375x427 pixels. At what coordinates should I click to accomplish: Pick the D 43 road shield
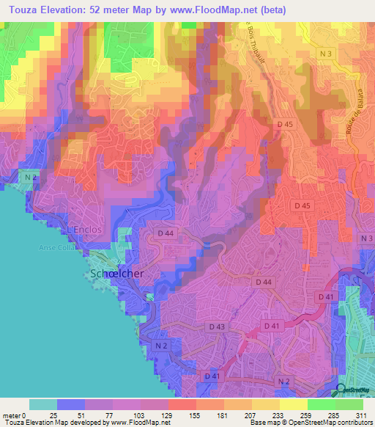click(x=217, y=326)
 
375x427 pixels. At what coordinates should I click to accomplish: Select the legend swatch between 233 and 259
click(x=293, y=404)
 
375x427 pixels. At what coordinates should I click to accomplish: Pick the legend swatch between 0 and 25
click(x=42, y=404)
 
